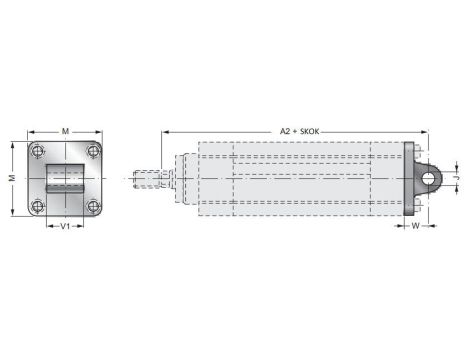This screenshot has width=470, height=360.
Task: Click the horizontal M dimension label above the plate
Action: click(65, 130)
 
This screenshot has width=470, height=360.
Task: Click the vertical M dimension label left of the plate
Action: click(12, 178)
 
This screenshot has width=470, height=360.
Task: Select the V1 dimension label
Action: click(65, 226)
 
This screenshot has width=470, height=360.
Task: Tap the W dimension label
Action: click(415, 226)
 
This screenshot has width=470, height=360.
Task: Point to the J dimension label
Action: click(457, 178)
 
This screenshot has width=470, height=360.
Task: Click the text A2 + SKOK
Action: click(297, 130)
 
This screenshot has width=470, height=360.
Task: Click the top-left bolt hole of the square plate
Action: click(38, 151)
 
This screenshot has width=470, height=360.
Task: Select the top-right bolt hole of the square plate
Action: click(92, 151)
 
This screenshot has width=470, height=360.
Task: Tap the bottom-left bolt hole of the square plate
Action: click(38, 206)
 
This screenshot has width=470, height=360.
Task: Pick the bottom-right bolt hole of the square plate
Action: click(92, 206)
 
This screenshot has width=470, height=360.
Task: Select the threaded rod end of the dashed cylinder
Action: click(147, 179)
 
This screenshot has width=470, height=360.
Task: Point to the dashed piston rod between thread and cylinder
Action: click(169, 179)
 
